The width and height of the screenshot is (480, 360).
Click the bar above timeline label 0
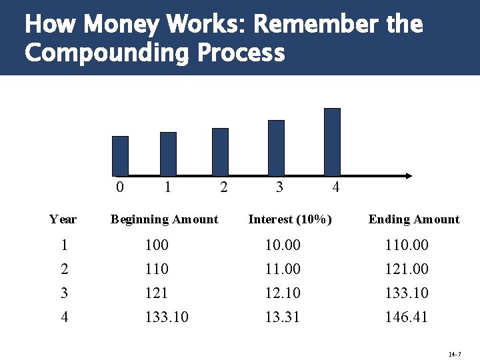click(x=120, y=155)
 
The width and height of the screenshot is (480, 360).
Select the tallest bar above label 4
click(x=332, y=141)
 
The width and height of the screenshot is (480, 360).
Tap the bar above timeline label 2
click(x=220, y=151)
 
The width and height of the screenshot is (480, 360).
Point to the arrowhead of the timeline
click(x=408, y=175)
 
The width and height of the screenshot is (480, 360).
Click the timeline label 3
click(x=279, y=187)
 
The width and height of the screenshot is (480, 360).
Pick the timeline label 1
click(x=167, y=187)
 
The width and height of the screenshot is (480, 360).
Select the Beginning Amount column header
click(x=164, y=219)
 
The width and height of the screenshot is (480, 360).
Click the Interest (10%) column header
click(x=290, y=219)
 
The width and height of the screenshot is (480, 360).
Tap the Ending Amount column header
click(x=414, y=219)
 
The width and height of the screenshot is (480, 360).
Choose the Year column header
click(x=63, y=219)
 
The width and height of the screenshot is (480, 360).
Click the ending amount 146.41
click(x=406, y=317)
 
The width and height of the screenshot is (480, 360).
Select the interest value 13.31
click(x=283, y=317)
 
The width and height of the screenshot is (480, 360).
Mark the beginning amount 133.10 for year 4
click(x=167, y=317)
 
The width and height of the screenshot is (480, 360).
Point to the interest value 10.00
click(x=283, y=245)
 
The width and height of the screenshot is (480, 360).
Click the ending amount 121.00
click(x=406, y=269)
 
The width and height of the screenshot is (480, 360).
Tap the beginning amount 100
click(x=157, y=245)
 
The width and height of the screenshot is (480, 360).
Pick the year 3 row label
click(x=64, y=293)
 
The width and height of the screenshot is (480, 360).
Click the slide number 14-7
click(x=455, y=353)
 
